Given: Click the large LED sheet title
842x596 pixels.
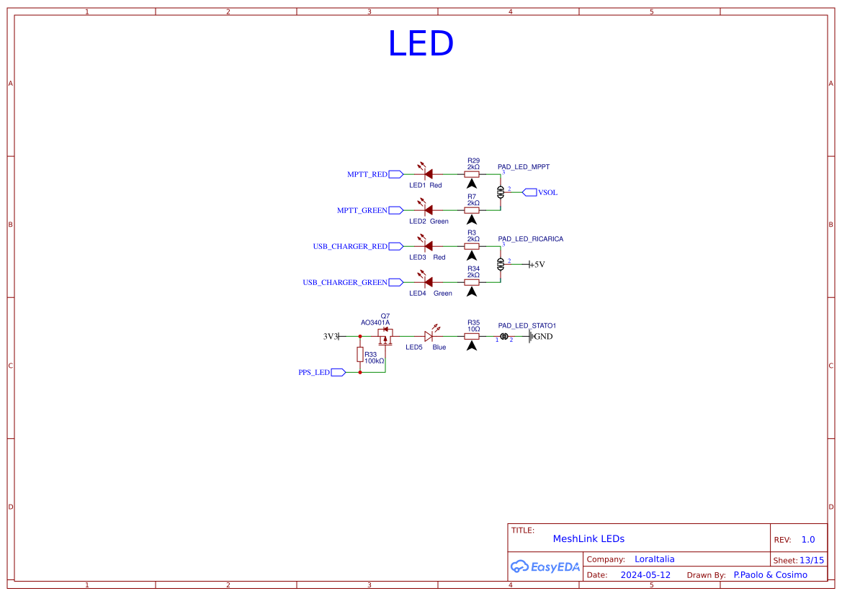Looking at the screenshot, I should point(421,44).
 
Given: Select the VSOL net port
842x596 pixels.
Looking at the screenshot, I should point(539,192).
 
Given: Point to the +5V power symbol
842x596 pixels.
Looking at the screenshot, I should point(537,264).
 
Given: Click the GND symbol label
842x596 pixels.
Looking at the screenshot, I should point(543,336).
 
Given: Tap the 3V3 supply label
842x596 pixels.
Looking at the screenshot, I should point(330,336).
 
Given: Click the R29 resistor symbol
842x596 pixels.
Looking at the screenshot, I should point(472,173).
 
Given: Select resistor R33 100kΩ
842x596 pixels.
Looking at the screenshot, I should point(360,354).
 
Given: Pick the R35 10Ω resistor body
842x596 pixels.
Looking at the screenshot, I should point(472,336).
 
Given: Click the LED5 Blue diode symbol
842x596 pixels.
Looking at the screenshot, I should point(428,336).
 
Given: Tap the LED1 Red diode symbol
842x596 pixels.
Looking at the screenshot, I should point(428,173).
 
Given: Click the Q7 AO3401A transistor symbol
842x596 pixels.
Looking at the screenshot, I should point(385,335).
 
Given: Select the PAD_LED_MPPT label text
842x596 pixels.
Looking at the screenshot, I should point(523,166).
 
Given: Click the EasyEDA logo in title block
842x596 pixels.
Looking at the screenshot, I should point(545,566).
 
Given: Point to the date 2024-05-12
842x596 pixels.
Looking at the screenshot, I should point(645,575).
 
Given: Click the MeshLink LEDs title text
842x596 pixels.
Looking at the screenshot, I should point(588,538).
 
